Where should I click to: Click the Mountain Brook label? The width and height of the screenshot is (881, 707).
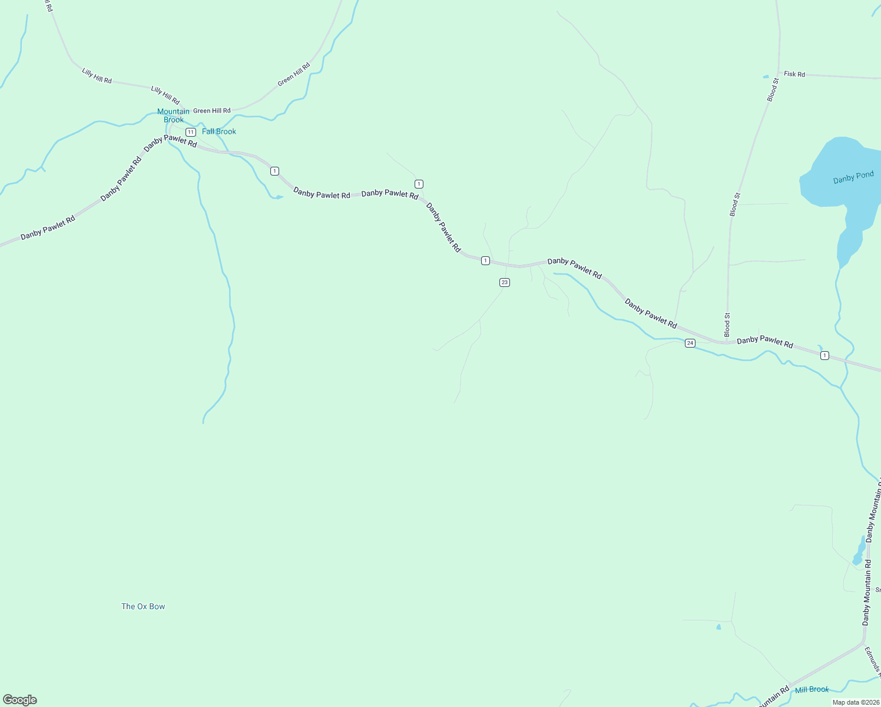point(173,115)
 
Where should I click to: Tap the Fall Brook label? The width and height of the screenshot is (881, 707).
point(218,131)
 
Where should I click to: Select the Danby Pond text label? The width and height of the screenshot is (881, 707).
point(853,178)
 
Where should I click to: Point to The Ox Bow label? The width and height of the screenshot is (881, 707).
point(143,606)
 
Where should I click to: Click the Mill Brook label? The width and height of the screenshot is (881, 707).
point(812,689)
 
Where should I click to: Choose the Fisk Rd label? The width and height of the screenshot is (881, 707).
point(794,74)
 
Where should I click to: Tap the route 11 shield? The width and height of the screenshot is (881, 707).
point(190,132)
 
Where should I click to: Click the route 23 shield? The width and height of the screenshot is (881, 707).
point(504,283)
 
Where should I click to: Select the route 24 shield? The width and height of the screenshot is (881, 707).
point(690,343)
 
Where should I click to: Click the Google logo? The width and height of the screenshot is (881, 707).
point(20,700)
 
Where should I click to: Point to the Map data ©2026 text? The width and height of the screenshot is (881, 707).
point(855,702)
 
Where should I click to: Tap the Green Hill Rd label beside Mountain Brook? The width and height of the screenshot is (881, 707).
point(212,111)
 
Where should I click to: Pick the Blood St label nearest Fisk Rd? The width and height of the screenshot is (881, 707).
point(773,90)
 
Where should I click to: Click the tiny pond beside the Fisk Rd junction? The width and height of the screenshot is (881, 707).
point(766,77)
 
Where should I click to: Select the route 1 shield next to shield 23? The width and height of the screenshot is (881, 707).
point(485,260)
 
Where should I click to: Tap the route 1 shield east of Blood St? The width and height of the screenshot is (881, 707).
point(824,355)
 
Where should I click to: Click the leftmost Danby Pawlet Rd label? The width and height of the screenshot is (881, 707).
point(48,228)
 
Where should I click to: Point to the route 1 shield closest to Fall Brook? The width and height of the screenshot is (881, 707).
point(274,171)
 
